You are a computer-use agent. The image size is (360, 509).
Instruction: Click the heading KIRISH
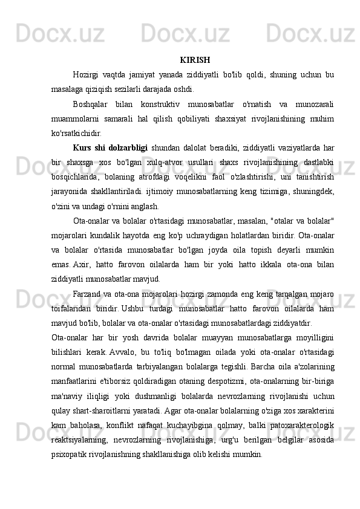click(195, 60)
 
